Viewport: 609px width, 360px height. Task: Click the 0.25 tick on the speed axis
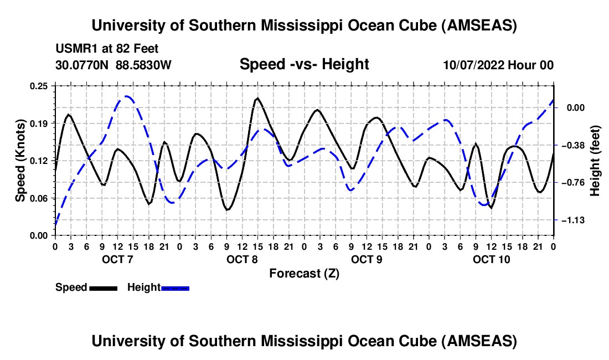coord(39,86)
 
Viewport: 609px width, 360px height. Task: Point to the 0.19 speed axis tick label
coord(39,123)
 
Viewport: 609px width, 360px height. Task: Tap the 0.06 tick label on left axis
coord(39,198)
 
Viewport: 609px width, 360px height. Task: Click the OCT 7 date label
coord(117,260)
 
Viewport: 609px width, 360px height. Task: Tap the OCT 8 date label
coord(242,260)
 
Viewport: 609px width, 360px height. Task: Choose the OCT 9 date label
coord(367,260)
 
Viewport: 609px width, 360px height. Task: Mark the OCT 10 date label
coord(491,260)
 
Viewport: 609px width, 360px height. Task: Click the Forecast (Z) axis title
coord(304,273)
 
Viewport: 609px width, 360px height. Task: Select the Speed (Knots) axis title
coord(20,160)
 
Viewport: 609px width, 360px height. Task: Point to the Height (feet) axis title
coord(595,160)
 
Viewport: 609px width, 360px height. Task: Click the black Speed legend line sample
coord(103,288)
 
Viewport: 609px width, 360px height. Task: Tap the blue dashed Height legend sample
coord(175,288)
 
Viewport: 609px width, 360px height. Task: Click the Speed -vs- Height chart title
coord(304,65)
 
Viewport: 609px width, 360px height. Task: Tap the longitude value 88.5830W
coord(143,65)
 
